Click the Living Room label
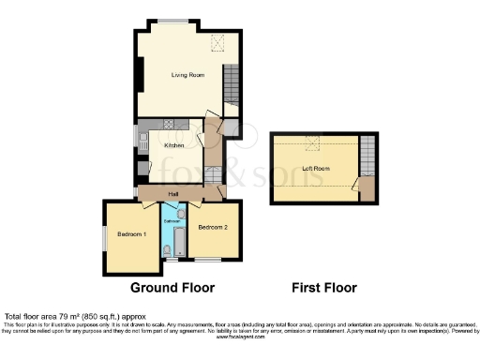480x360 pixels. [x=187, y=75]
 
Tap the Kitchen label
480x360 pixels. [x=173, y=145]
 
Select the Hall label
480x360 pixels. [x=173, y=194]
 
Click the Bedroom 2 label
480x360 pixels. [x=213, y=226]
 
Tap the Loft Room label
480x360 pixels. [x=315, y=169]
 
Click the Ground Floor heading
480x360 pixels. [x=172, y=288]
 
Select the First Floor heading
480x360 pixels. [x=324, y=288]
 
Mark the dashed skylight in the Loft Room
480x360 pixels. [x=316, y=142]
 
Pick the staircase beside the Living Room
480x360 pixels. [x=232, y=84]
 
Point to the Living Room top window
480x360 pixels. [x=171, y=22]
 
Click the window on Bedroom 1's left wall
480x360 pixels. [x=104, y=238]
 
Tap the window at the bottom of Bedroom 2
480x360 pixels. [x=208, y=259]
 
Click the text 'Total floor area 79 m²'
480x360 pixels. [x=45, y=317]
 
